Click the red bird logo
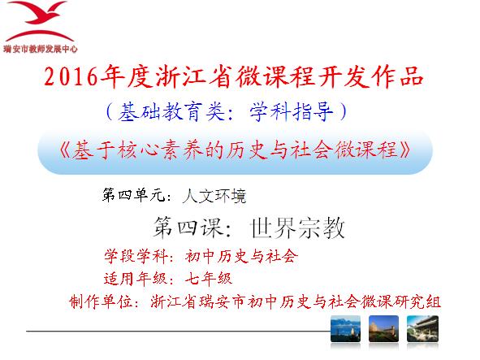(x=39, y=21)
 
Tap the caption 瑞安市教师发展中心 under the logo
(x=41, y=49)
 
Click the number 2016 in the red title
(x=71, y=76)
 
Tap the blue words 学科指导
(x=291, y=111)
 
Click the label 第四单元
(x=133, y=195)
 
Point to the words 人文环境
(x=214, y=196)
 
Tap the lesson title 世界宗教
(x=297, y=228)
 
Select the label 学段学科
(x=136, y=257)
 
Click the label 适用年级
(x=136, y=279)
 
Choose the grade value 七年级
(x=209, y=279)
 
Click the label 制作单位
(x=101, y=302)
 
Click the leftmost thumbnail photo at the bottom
(x=345, y=328)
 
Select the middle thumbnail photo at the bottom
(x=383, y=328)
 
